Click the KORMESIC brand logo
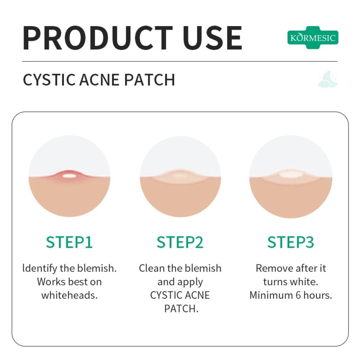313,37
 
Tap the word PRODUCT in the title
98,38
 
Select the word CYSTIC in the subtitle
49,80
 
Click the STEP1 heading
69,242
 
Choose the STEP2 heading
180,242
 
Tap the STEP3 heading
291,242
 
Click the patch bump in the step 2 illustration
180,176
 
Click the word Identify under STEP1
40,268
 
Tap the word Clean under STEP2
152,268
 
